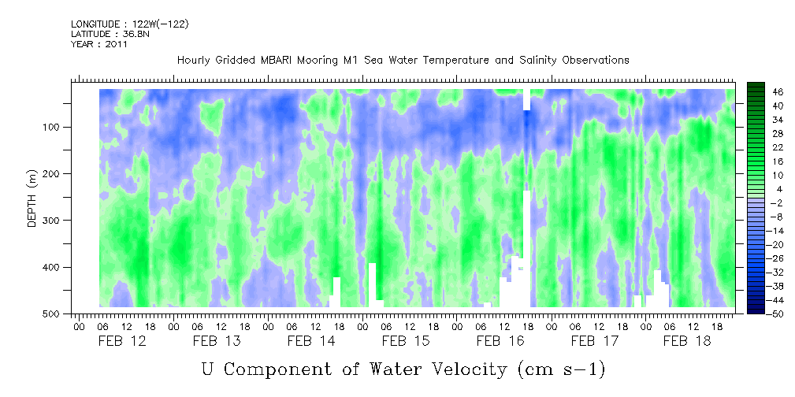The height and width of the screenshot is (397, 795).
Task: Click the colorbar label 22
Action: tap(756, 147)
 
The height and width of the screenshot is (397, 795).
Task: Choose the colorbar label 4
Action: tap(756, 189)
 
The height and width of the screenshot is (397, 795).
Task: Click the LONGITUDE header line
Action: tap(129, 24)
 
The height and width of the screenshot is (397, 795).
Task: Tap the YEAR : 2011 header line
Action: tap(99, 44)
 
